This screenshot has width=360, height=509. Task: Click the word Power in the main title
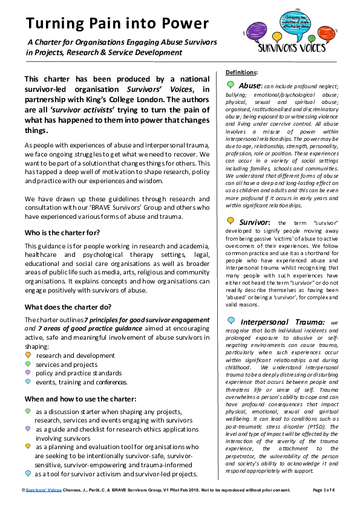point(179,24)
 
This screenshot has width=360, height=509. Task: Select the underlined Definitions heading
point(241,73)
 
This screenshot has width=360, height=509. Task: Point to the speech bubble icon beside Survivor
point(231,222)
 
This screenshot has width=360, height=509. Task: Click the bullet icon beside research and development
point(28,355)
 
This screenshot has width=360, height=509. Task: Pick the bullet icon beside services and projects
point(28,364)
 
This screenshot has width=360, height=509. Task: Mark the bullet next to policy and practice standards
point(28,373)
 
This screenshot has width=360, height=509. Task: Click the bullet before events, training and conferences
point(28,381)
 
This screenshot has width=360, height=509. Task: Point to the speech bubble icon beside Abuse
point(231,85)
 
